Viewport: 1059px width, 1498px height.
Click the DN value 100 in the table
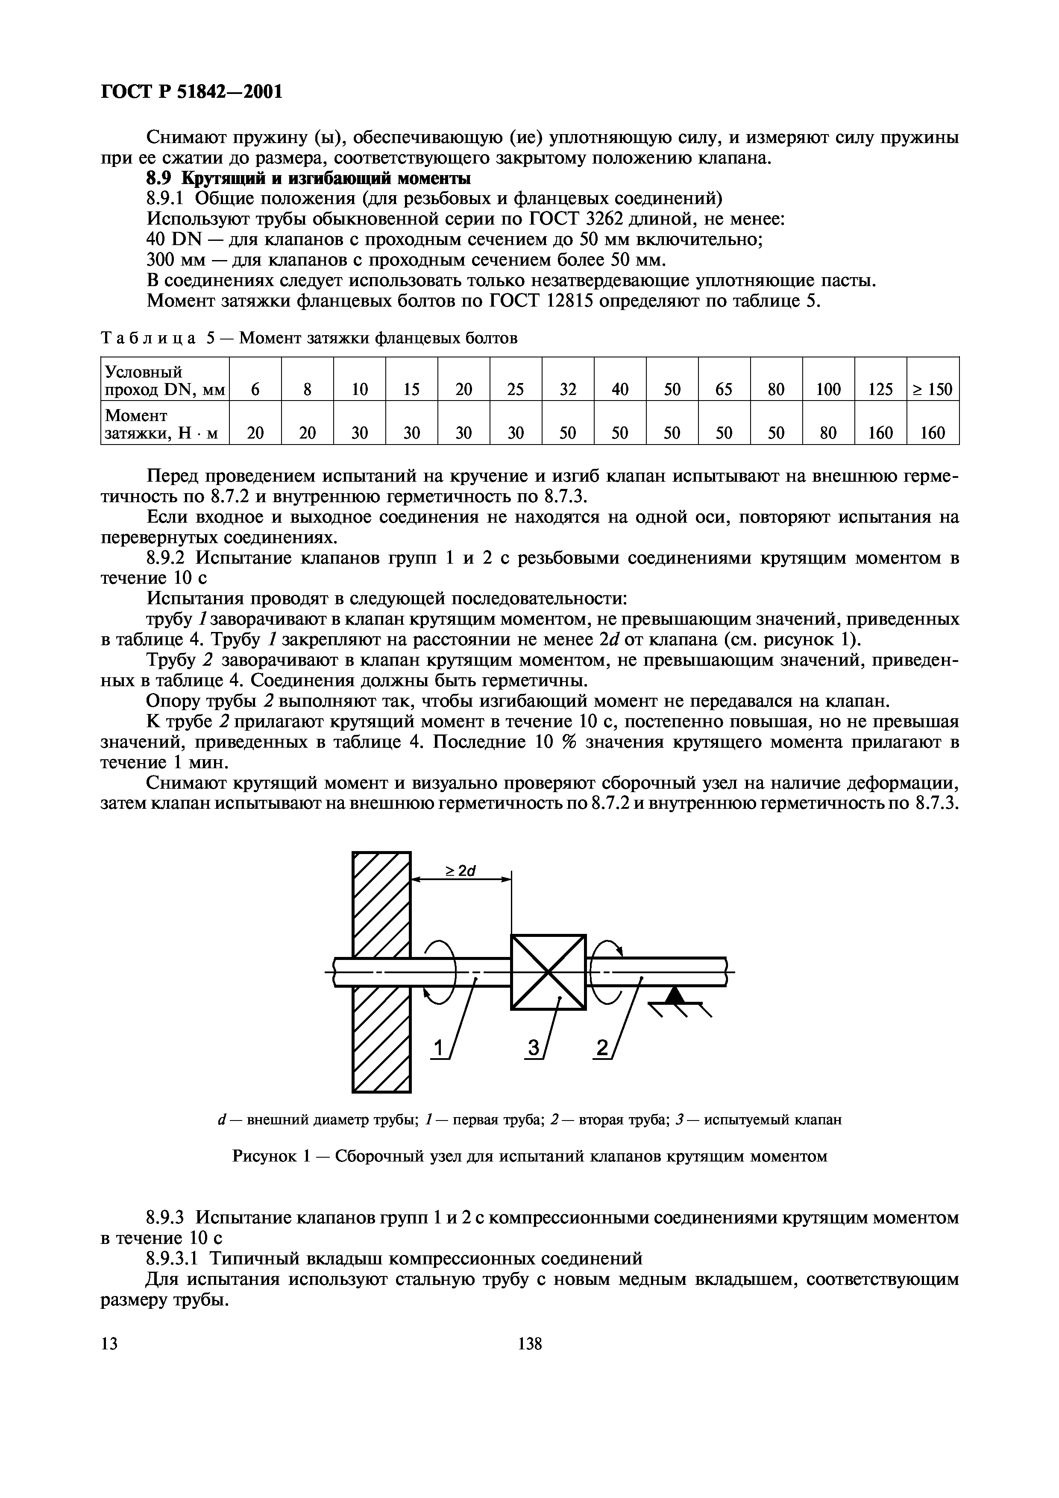(828, 389)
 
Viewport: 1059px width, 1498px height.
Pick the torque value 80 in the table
(828, 433)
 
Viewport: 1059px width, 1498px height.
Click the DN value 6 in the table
(255, 389)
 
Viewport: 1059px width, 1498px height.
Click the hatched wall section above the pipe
(381, 904)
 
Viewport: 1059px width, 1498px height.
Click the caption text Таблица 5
(157, 338)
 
